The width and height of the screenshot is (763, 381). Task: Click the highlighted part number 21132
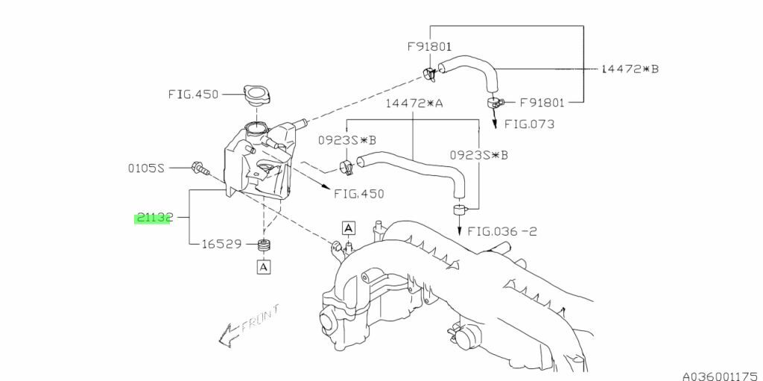153,218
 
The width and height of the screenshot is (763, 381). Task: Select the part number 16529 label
221,243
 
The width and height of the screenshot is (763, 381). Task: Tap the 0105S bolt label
146,168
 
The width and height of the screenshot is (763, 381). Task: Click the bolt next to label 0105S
201,168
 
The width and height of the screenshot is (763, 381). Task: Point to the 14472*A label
414,104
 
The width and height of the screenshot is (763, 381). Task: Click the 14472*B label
630,69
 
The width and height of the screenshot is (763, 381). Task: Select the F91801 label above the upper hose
430,47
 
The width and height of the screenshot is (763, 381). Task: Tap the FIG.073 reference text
529,124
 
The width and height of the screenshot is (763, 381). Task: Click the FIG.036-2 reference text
502,230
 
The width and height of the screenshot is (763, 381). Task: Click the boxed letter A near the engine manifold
349,227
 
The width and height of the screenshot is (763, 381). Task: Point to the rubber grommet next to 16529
264,246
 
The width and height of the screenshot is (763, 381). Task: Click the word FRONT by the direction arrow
260,318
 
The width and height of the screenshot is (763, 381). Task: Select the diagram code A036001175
722,376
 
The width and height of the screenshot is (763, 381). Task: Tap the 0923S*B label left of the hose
347,140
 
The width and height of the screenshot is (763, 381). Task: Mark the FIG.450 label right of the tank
359,194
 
